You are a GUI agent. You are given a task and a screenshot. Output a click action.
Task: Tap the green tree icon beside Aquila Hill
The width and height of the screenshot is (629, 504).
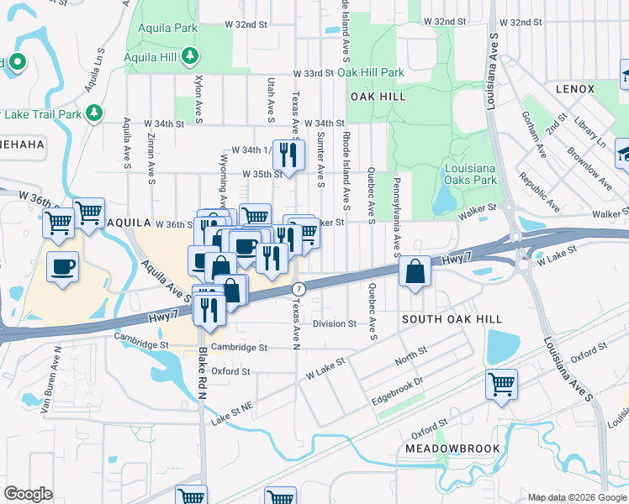click(192, 56)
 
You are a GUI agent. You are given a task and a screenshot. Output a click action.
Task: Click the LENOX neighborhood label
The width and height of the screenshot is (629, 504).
click(575, 89)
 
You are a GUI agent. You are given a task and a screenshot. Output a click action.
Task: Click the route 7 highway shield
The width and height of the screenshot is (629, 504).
click(297, 289)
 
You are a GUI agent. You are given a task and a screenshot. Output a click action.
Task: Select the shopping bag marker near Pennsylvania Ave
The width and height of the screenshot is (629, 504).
click(415, 272)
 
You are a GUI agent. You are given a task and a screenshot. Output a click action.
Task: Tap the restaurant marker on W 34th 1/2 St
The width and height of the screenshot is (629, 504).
click(288, 155)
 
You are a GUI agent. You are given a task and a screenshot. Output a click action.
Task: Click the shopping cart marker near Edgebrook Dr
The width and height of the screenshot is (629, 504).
click(501, 384)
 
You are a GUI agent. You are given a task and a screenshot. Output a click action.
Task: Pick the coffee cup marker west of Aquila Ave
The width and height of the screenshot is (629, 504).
click(63, 266)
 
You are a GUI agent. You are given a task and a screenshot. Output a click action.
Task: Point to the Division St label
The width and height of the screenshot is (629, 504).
click(335, 323)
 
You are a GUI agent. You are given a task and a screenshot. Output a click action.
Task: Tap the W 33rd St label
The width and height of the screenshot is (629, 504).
click(314, 74)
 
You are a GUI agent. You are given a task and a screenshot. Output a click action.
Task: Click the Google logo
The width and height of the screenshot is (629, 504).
click(29, 494)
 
